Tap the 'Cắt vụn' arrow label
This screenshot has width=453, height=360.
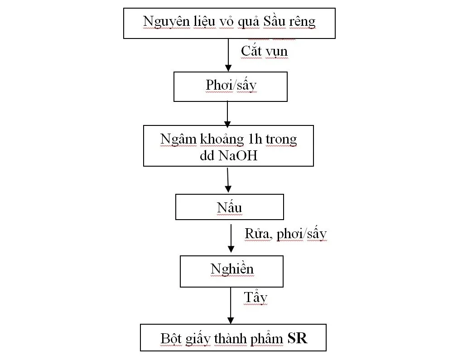264,51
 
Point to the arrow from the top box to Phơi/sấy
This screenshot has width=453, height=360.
228,54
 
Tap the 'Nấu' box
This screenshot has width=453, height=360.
229,207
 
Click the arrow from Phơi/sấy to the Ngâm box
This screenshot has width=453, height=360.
228,113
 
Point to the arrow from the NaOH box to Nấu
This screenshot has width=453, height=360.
228,180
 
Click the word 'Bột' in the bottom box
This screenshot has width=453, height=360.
170,338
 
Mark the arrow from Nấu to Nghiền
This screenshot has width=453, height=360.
231,238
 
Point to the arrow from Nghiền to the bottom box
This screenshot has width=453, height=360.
231,305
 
